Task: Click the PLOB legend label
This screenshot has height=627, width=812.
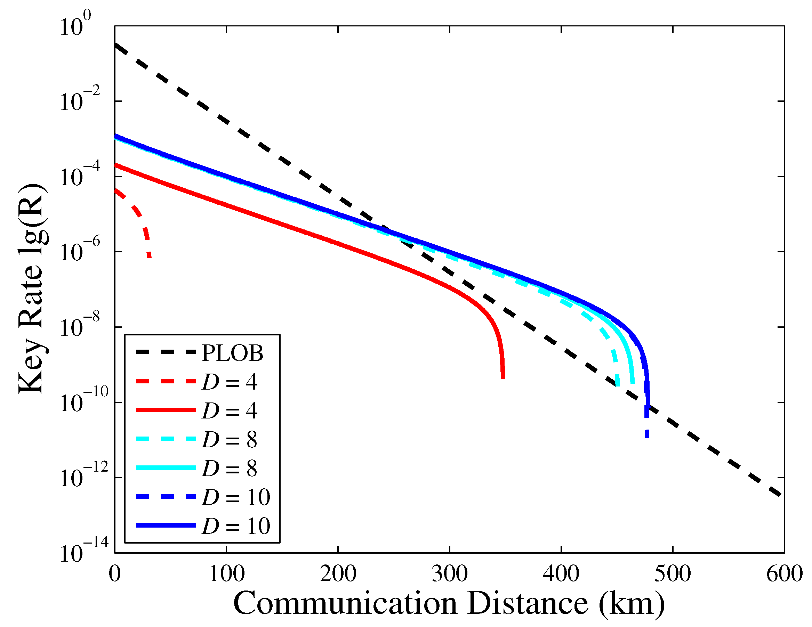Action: click(232, 353)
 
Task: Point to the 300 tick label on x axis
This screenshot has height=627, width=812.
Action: click(450, 574)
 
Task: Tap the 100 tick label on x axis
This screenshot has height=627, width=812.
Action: click(226, 574)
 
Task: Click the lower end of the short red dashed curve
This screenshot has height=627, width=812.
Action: click(149, 256)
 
